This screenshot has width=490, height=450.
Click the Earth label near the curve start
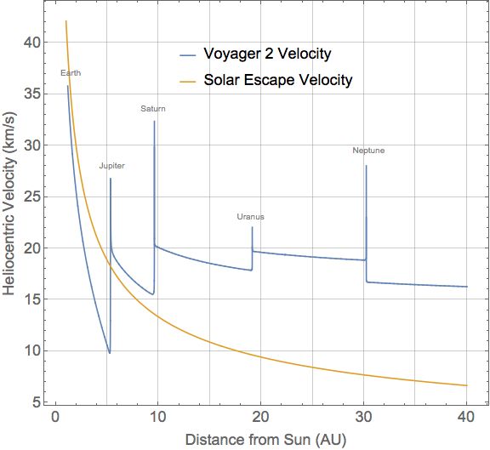coord(71,73)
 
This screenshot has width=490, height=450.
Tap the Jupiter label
coord(111,166)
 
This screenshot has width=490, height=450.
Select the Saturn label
coord(153,109)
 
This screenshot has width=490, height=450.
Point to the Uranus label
coord(250,217)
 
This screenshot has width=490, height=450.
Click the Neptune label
coord(368,151)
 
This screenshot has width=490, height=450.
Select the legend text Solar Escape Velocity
coord(277,81)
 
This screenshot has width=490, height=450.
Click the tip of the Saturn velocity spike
coord(154,121)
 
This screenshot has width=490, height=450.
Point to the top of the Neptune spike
coord(366,165)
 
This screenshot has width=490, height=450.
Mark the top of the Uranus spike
coord(253,226)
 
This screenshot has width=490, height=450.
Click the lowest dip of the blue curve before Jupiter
coord(109,353)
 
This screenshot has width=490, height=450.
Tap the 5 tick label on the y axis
coord(35,402)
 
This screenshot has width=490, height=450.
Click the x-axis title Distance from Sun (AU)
coord(259,440)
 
